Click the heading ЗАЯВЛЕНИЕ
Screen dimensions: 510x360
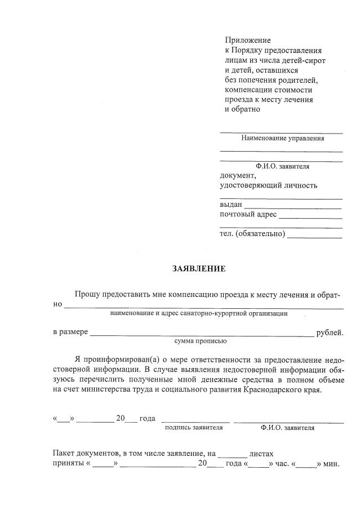pos(199,269)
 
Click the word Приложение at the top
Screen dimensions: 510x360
pos(248,40)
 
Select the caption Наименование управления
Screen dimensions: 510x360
pos(282,138)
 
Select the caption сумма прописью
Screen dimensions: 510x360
pos(201,341)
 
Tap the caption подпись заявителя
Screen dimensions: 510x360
pos(194,428)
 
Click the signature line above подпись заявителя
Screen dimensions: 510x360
pos(195,421)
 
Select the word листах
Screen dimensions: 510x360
pos(261,453)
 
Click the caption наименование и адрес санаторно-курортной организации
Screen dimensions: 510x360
pos(199,313)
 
